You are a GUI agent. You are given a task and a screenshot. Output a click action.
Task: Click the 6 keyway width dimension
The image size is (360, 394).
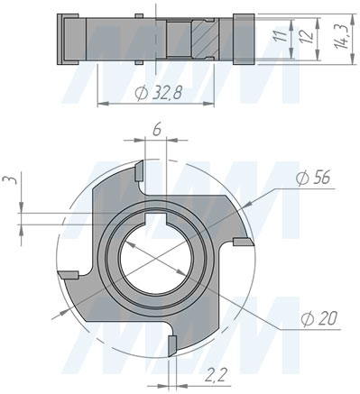pos(158,131)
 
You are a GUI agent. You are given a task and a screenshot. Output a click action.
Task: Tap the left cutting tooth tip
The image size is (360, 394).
pos(68,275)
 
